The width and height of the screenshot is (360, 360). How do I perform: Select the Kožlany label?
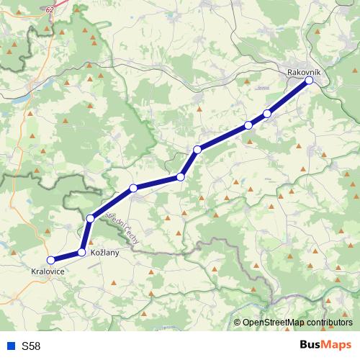104,253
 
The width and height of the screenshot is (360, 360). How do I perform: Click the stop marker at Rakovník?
309,81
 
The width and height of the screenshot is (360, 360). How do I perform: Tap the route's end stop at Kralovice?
51,260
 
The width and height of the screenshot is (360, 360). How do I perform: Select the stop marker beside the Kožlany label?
82,252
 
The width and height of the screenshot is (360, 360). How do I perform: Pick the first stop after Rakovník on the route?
267,113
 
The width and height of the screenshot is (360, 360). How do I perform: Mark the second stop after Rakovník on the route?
248,125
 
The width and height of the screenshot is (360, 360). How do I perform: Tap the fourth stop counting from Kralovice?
133,189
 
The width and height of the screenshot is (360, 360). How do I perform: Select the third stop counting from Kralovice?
91,218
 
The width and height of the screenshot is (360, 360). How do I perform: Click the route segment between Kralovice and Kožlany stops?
66,256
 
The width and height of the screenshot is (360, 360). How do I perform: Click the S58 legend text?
31,346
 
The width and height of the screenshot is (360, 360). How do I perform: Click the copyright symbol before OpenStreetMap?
238,323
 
